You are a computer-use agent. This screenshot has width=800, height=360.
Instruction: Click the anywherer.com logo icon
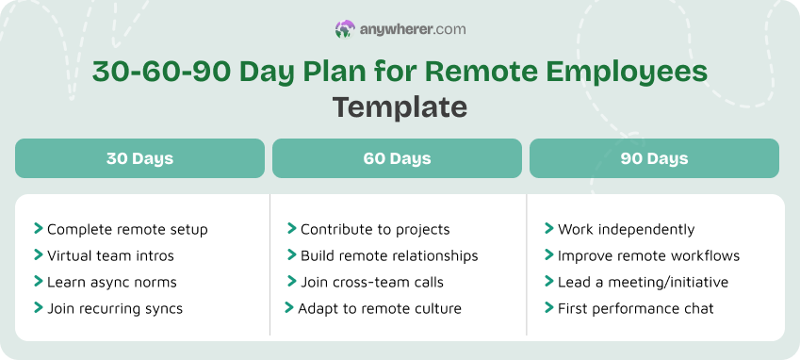click(345, 30)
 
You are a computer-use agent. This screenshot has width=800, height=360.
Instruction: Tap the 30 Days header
click(139, 158)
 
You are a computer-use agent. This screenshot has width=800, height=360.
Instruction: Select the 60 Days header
click(397, 158)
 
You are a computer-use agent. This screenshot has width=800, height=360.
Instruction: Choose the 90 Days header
click(654, 158)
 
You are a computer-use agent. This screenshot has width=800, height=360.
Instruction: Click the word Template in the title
click(400, 106)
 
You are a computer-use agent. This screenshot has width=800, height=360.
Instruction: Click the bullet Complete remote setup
click(127, 229)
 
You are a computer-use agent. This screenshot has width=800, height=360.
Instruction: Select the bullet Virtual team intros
click(110, 255)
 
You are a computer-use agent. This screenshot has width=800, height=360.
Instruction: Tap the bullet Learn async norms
click(111, 282)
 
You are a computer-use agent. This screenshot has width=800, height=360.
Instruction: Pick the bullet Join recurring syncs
click(115, 308)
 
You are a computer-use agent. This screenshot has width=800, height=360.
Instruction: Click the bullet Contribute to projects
click(375, 229)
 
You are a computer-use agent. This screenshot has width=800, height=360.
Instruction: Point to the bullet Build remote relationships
click(389, 255)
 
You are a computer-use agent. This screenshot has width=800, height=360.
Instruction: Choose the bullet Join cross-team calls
click(372, 282)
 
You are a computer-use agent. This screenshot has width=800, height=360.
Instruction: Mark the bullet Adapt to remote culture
click(380, 308)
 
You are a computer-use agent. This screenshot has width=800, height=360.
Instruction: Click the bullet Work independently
click(626, 229)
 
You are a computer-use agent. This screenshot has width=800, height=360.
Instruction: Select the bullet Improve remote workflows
click(648, 255)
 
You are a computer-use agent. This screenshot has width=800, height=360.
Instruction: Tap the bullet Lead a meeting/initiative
click(641, 282)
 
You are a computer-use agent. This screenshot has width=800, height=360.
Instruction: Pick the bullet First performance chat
click(635, 308)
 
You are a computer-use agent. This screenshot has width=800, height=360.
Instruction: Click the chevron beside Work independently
click(548, 228)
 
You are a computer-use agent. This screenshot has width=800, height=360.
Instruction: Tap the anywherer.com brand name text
click(413, 30)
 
